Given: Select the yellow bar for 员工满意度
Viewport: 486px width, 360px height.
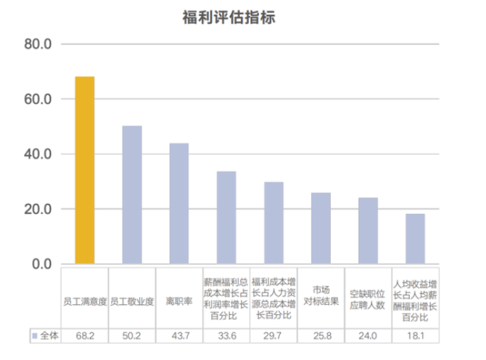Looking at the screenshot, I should coord(85,170).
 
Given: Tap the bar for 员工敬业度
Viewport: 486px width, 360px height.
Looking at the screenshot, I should coord(132,195).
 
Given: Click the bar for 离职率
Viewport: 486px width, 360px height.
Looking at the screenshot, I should coord(179,203).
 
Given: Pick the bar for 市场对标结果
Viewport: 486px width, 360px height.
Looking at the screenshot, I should coord(321,228).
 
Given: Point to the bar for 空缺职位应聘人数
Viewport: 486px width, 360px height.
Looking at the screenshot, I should coord(368,230).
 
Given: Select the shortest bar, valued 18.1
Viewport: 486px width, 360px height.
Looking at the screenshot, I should coord(415,238).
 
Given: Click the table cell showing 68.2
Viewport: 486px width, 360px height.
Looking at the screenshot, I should coord(85,335).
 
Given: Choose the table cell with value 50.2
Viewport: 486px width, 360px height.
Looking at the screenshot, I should coord(132,335).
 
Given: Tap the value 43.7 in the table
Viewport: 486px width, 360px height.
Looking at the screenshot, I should coord(179,335).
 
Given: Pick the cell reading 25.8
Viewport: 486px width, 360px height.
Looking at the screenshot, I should coord(321,335).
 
